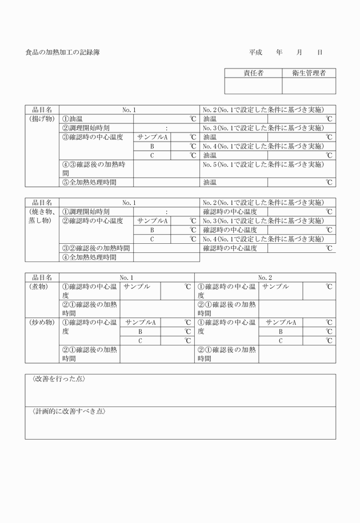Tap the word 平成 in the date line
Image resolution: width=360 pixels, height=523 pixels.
click(255, 53)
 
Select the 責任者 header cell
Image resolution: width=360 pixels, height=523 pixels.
click(253, 73)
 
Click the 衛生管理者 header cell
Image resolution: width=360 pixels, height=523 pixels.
click(309, 73)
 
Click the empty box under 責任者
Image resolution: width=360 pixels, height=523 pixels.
click(253, 86)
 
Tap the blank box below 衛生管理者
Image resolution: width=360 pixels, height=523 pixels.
click(309, 86)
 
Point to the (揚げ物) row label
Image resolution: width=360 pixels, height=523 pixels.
click(42, 119)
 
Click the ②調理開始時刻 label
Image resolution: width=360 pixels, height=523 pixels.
click(86, 128)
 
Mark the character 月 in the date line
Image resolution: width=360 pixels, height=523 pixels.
click(299, 53)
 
